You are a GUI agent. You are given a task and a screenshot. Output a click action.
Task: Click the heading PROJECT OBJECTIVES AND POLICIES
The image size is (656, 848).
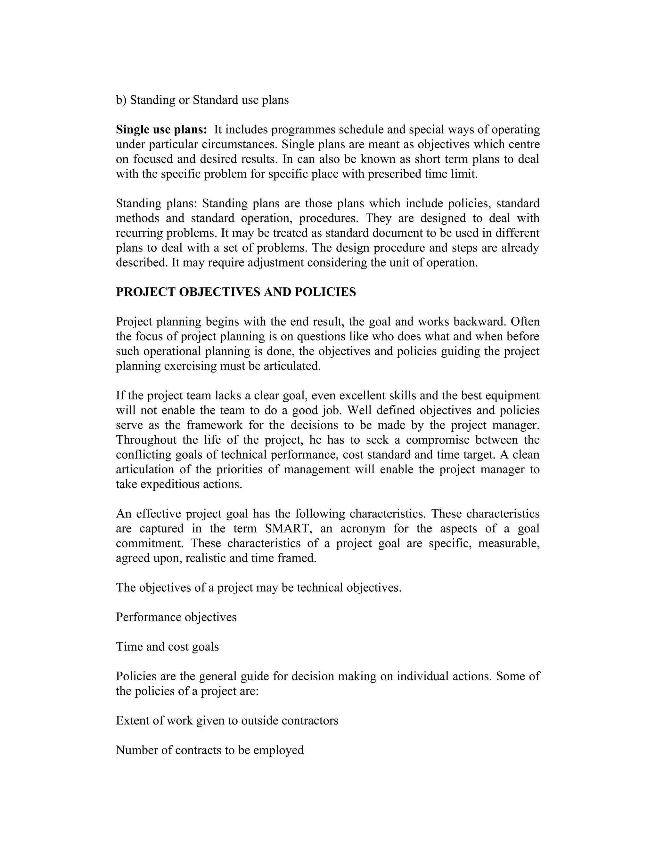[x=235, y=292]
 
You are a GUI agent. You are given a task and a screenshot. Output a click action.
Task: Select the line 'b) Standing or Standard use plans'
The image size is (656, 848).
[x=202, y=100]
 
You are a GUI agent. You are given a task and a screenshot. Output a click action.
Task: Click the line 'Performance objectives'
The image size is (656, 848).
[x=176, y=617]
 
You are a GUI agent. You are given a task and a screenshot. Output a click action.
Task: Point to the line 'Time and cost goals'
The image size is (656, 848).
[x=167, y=646]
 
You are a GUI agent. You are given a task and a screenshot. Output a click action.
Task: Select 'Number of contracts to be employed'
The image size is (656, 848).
[x=209, y=750]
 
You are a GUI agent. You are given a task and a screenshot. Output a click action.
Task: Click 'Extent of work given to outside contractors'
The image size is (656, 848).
[x=227, y=720]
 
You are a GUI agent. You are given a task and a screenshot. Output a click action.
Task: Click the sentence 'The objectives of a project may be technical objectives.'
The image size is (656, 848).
[x=258, y=588]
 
